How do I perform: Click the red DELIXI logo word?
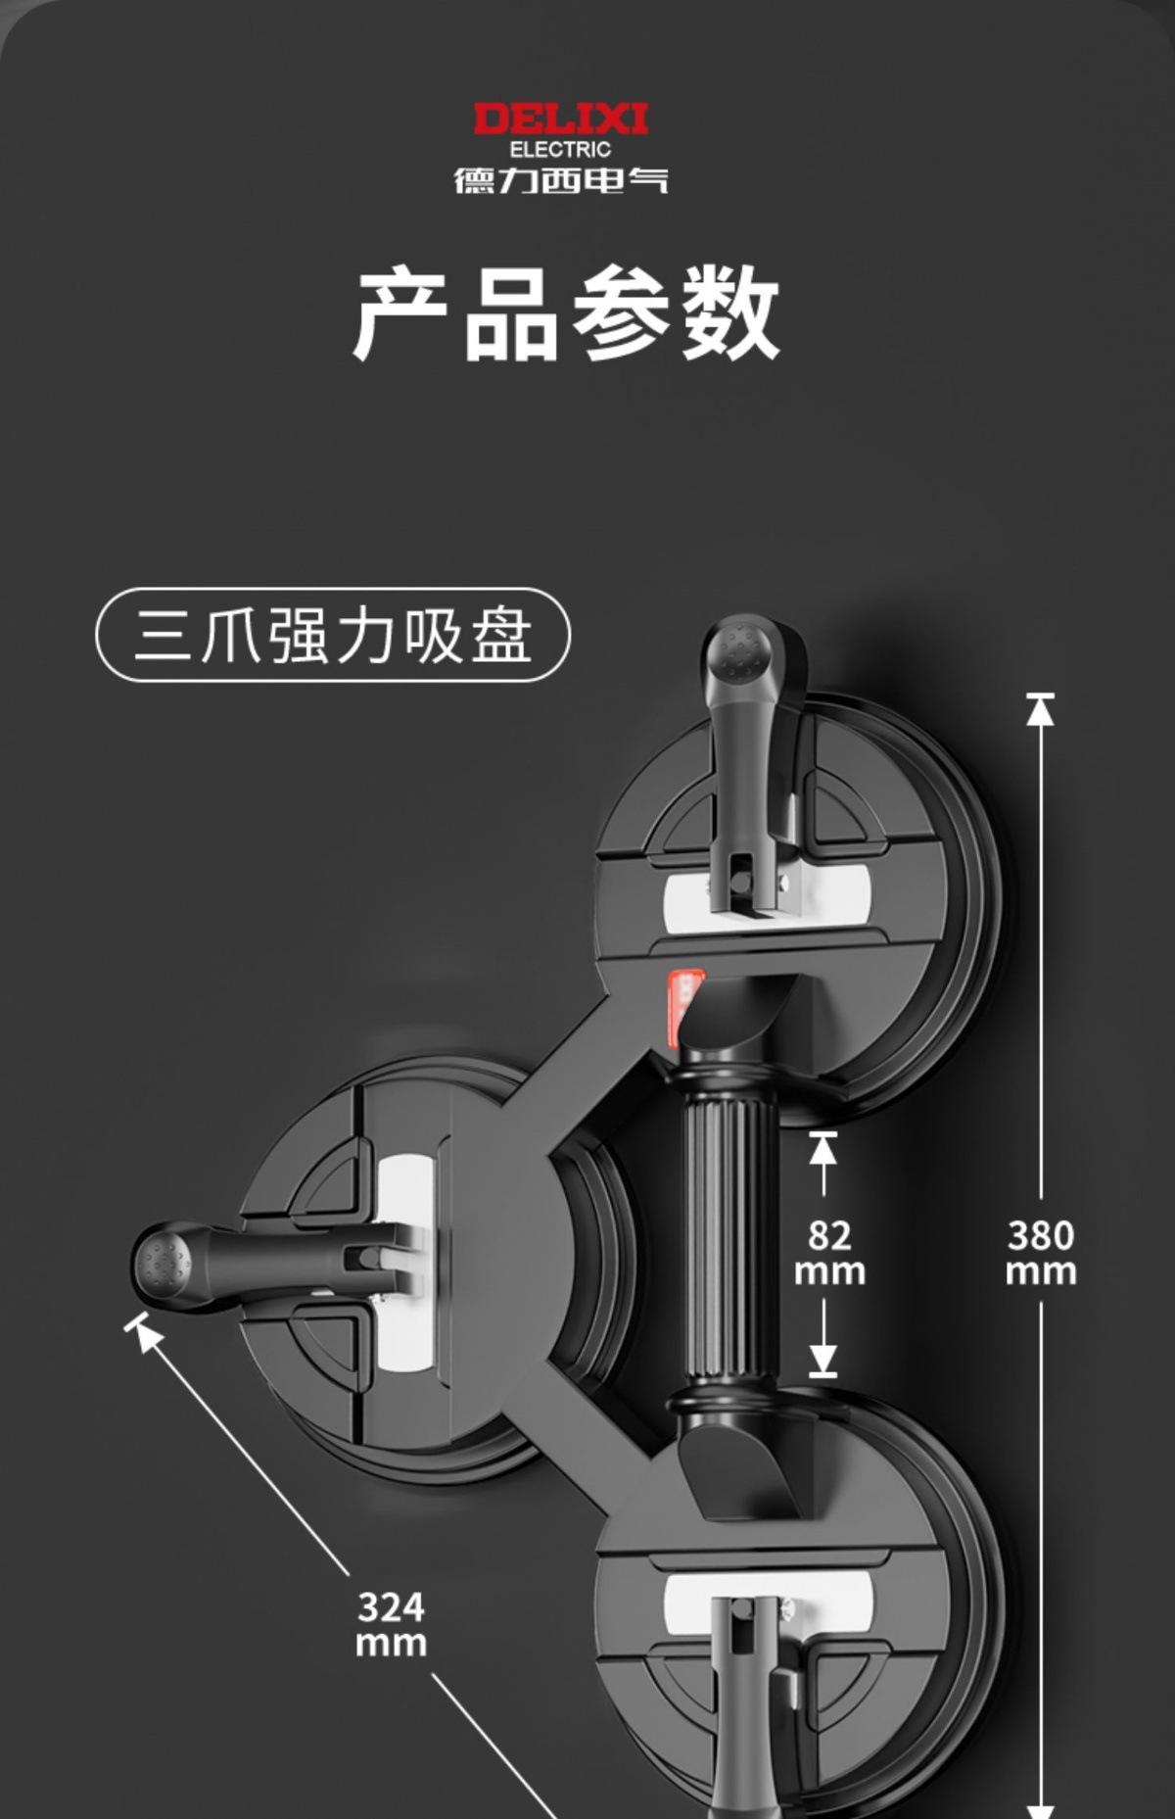(x=560, y=120)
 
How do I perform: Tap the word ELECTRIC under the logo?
(x=560, y=150)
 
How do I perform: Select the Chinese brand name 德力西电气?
(x=560, y=180)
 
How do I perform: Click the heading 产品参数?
(x=566, y=313)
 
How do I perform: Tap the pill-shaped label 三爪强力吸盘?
(x=333, y=635)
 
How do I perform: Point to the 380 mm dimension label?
(x=1040, y=1252)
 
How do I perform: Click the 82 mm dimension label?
(x=828, y=1252)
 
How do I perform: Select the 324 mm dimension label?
(x=391, y=1624)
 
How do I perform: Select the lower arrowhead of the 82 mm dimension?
(x=823, y=1360)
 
